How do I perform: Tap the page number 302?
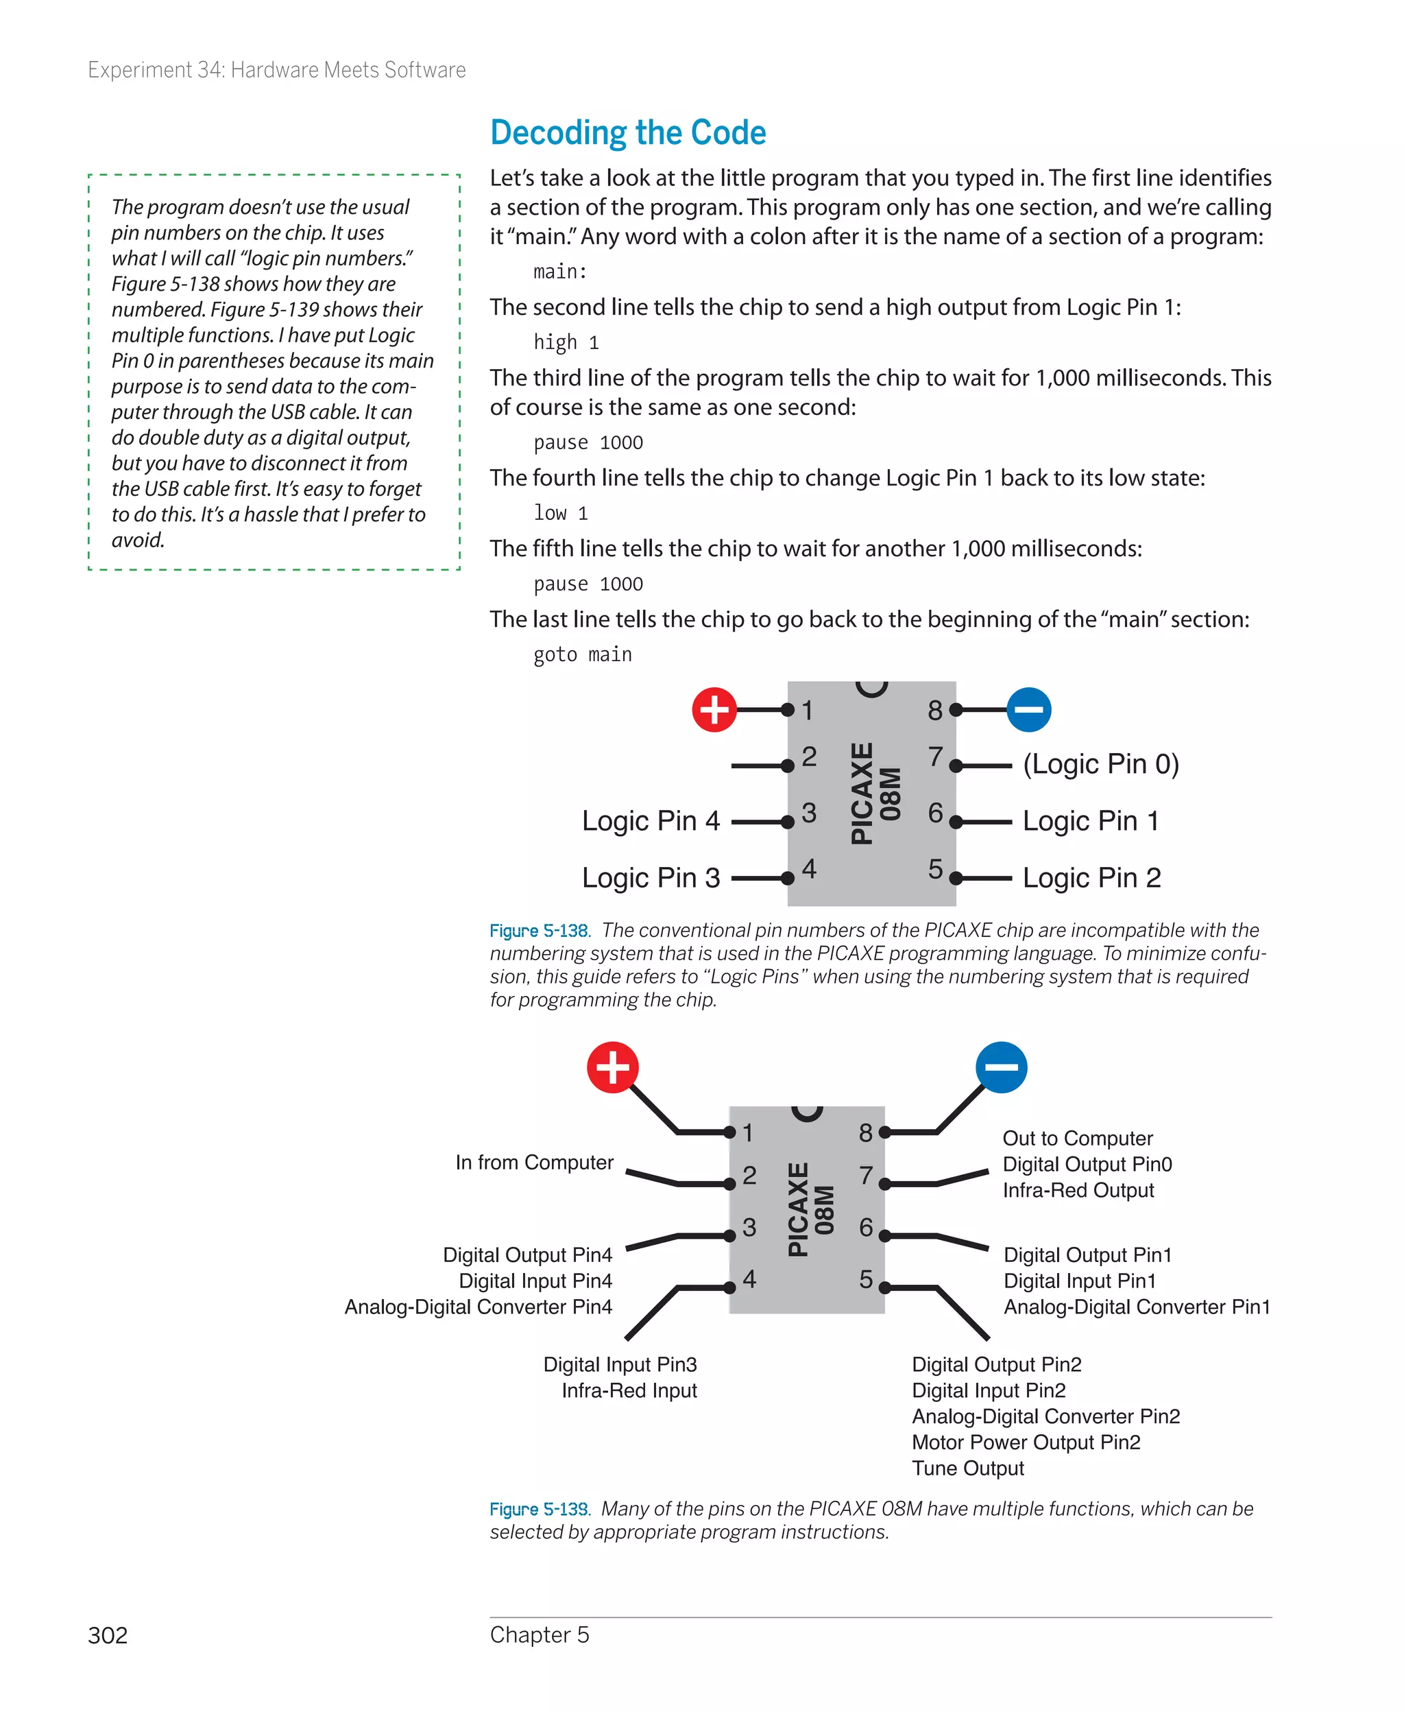point(108,1635)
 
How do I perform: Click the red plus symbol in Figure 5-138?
point(714,709)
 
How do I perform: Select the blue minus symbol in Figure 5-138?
point(1029,709)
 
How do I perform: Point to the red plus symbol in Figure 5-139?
point(612,1067)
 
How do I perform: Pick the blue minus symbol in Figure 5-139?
point(1001,1067)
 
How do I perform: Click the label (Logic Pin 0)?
point(1101,764)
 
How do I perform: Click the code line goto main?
point(582,654)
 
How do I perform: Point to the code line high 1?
point(566,342)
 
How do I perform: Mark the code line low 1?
point(561,513)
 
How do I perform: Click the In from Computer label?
point(534,1162)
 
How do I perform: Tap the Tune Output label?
point(967,1468)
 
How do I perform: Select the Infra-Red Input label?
point(629,1390)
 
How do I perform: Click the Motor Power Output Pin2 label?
point(1026,1442)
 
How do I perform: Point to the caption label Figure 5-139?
point(540,1509)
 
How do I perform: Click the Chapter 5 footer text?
point(540,1634)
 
